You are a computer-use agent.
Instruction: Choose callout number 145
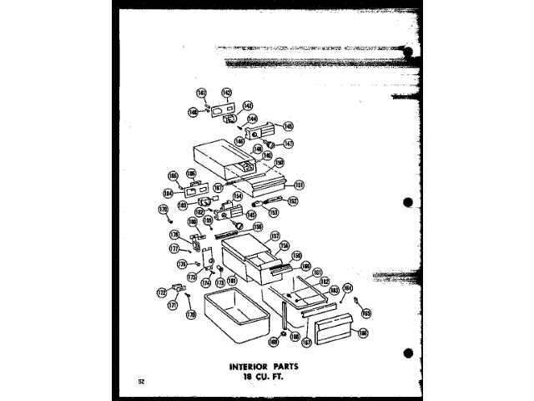coord(288,127)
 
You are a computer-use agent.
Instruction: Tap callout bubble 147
coord(288,144)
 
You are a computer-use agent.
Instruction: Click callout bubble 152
coord(293,201)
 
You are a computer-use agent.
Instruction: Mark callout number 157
coord(274,236)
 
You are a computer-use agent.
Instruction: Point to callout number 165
coord(365,313)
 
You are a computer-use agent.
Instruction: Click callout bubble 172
coord(161,293)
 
